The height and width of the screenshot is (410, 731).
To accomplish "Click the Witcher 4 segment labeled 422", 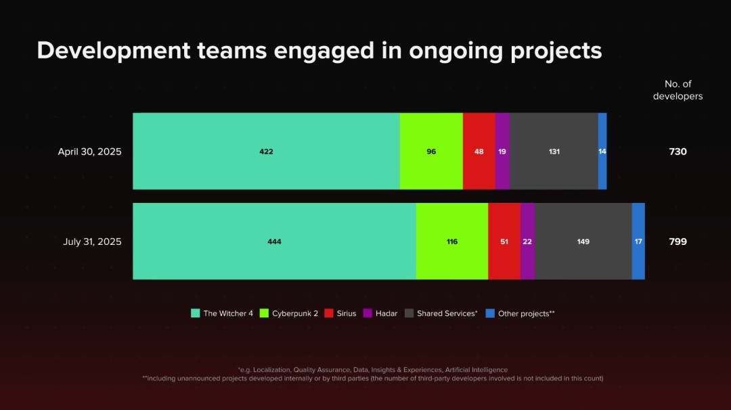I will click(x=266, y=152).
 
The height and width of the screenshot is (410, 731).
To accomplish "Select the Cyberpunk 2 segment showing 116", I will click(x=452, y=242).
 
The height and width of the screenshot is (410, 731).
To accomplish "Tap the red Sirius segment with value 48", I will click(x=479, y=152).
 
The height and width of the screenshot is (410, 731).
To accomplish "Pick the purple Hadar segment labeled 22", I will click(x=527, y=242).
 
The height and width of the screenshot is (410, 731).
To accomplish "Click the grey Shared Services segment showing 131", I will click(x=554, y=152).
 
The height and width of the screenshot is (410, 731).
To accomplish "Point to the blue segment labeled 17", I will click(x=638, y=242).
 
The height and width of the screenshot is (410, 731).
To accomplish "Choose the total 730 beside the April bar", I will click(x=678, y=152).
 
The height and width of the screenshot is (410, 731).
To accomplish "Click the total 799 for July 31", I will click(x=678, y=242).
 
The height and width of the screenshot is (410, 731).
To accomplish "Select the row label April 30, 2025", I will click(x=89, y=152).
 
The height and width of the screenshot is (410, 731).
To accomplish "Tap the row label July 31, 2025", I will click(x=92, y=242).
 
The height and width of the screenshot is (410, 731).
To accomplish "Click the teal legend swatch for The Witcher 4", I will click(x=196, y=313).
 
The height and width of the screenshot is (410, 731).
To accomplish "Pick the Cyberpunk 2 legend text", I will click(x=295, y=313).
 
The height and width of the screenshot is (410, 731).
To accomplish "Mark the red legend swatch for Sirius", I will click(x=329, y=313).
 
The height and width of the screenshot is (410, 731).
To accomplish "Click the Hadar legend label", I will click(x=386, y=313).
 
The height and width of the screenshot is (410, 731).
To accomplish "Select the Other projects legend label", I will click(x=526, y=313).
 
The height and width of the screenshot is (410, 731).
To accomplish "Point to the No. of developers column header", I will click(x=678, y=90).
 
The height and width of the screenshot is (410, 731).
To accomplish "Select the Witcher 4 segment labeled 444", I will click(x=274, y=242).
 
